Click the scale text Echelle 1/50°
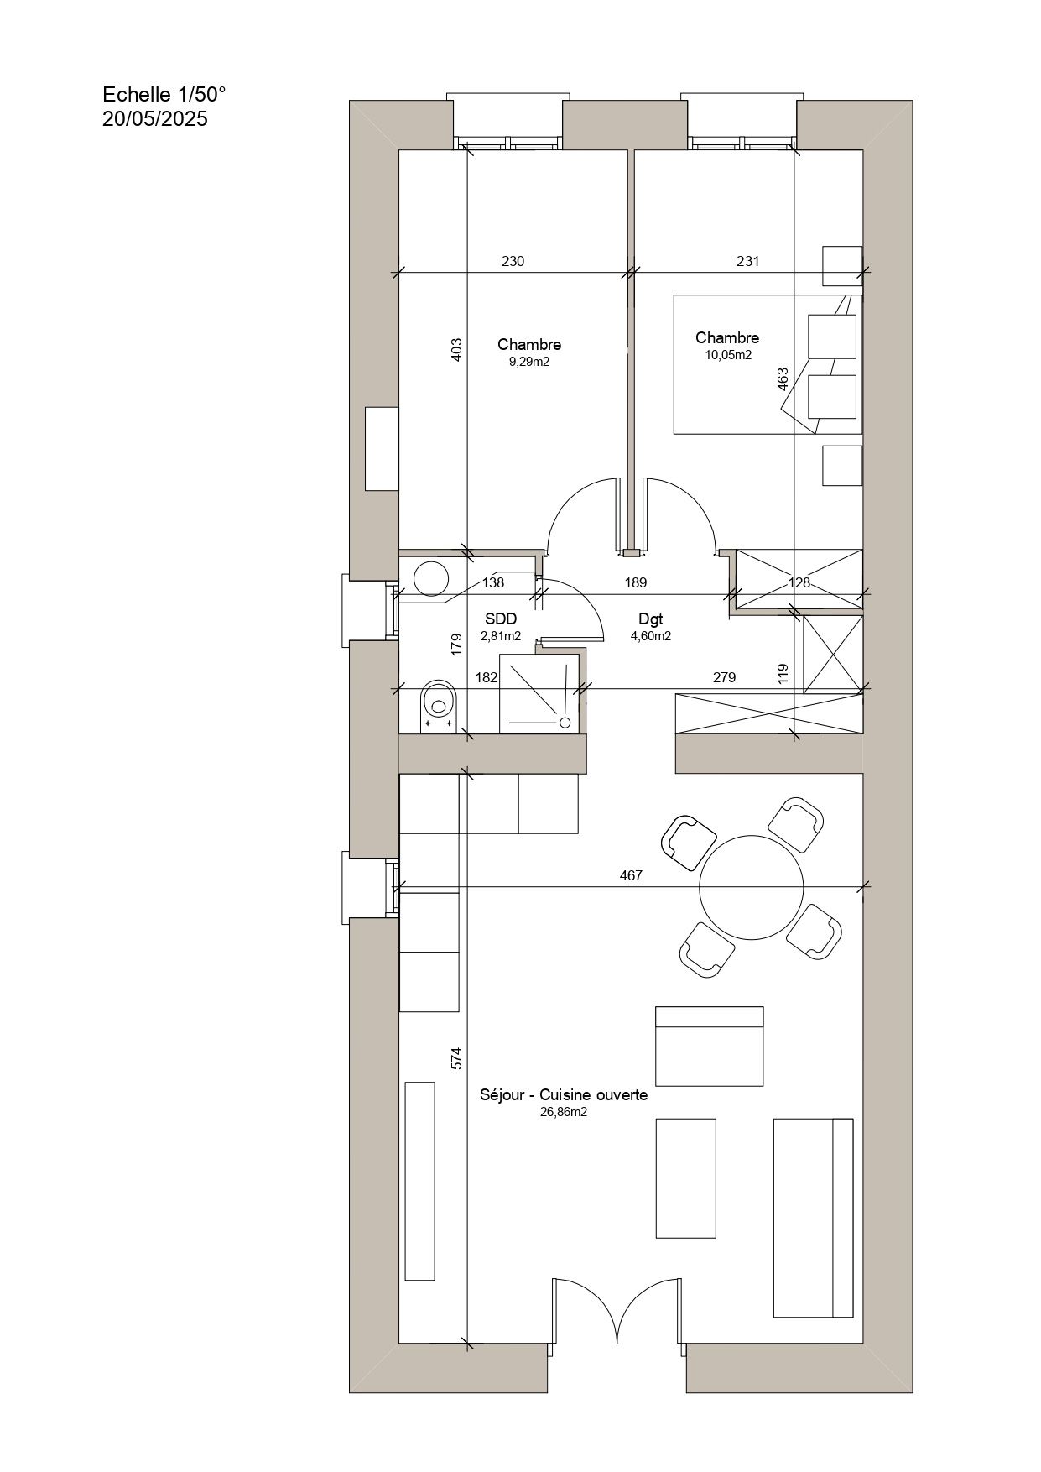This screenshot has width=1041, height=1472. (x=164, y=94)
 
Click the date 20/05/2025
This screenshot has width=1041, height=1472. (x=154, y=119)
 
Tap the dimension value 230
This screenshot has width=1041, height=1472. (x=513, y=261)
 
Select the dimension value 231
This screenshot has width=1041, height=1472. (x=747, y=261)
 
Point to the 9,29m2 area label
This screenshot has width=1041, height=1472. (x=528, y=362)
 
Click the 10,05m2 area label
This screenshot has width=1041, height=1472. (x=727, y=355)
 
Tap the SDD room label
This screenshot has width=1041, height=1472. (x=501, y=619)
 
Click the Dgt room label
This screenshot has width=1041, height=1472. (x=650, y=619)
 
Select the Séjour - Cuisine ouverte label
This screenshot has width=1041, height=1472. (x=563, y=1095)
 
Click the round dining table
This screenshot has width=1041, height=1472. (x=751, y=888)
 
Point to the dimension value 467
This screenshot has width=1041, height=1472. (x=631, y=875)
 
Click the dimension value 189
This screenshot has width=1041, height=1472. (x=635, y=582)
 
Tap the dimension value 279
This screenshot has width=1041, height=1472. (x=724, y=677)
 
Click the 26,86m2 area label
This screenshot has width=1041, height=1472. (x=563, y=1113)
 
